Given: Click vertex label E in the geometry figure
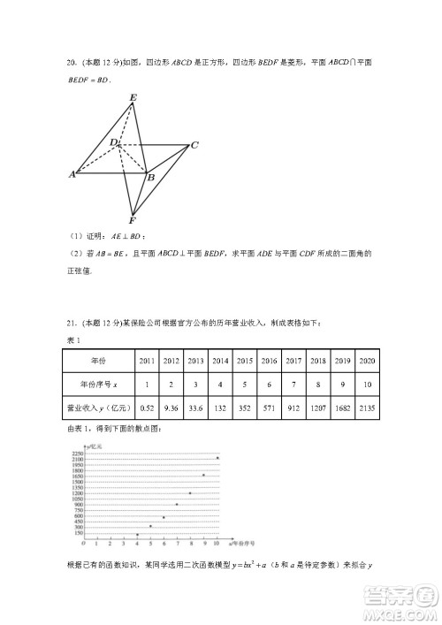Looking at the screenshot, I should [133, 97].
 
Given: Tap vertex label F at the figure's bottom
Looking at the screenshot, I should [132, 219].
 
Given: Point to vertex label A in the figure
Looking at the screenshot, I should [72, 174].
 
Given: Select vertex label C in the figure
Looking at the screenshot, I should [194, 145].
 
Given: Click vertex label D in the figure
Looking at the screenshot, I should [114, 142].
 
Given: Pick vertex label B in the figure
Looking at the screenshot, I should [151, 179].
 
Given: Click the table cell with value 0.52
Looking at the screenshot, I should [148, 408].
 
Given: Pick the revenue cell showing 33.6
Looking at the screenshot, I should [195, 408].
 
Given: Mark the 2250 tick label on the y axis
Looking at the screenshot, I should [79, 454].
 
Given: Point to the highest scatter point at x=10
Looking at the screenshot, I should [217, 458].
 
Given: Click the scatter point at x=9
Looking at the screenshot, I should [204, 476].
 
